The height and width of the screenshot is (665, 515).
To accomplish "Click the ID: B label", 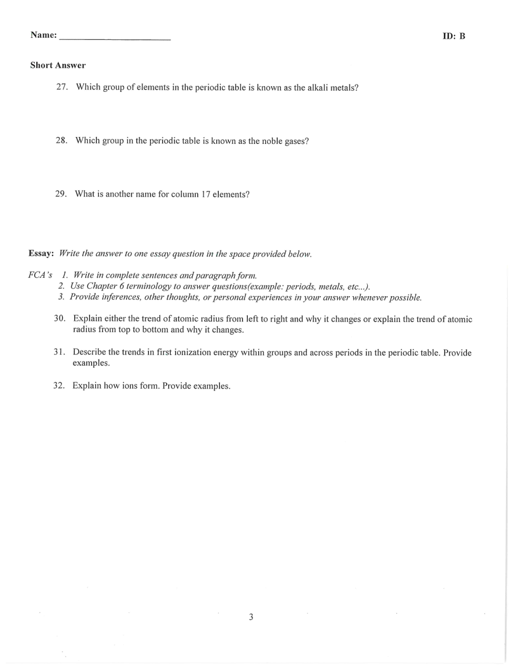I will (453, 36).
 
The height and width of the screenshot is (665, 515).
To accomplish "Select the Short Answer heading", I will (58, 66).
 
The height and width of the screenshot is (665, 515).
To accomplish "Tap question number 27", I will (62, 87).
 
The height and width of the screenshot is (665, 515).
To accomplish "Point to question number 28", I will (61, 141).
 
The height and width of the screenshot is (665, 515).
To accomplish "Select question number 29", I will (60, 194).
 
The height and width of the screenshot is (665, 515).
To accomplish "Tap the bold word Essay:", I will (41, 253).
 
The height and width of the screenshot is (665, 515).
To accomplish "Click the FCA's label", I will (41, 275).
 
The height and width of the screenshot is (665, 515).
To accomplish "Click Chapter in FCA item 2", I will (102, 286).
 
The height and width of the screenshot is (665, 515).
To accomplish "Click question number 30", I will (59, 319).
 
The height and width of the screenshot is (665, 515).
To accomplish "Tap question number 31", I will (59, 352).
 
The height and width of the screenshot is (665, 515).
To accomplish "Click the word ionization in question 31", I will (192, 352).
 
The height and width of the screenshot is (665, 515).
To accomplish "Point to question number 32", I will (59, 386).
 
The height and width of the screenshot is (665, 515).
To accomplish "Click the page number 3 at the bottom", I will (251, 617).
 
